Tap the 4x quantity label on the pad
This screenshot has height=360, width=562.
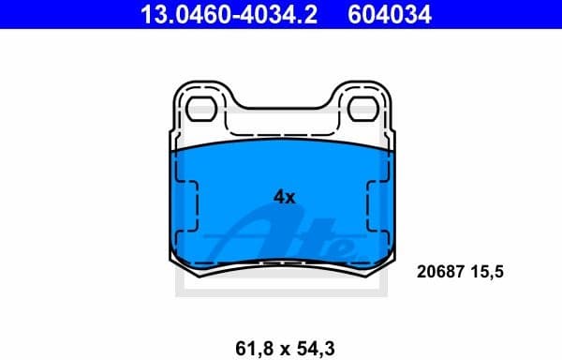coord(284,197)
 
